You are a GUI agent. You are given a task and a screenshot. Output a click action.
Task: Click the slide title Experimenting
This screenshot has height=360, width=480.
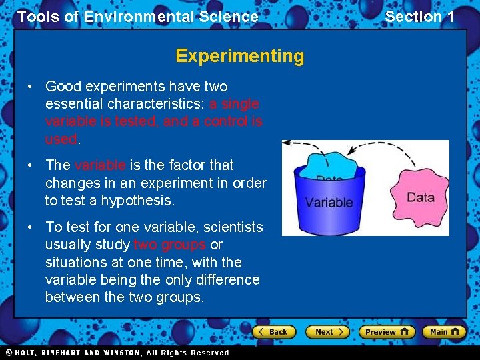[239, 56]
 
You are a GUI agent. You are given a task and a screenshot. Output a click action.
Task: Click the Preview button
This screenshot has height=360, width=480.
[387, 331]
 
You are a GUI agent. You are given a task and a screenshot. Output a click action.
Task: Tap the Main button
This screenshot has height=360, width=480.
[445, 331]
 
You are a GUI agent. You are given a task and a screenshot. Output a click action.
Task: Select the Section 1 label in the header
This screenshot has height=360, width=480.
[419, 17]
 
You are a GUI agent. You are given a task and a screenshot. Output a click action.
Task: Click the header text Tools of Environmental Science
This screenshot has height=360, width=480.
[137, 17]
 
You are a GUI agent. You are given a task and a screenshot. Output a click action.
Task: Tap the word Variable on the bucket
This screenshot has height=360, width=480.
[329, 203]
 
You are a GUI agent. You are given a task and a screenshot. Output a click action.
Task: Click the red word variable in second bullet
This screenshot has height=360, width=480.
[99, 165]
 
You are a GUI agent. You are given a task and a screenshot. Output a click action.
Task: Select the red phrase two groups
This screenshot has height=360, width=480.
[169, 245]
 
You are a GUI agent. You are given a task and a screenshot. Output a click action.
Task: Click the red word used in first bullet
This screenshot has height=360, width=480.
[61, 139]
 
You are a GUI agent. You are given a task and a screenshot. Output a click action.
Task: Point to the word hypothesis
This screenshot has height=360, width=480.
[142, 200]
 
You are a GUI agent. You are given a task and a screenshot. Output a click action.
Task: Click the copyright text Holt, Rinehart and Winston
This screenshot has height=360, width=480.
[117, 353]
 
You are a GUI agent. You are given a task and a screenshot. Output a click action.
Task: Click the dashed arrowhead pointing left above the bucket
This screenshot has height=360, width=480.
[287, 143]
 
